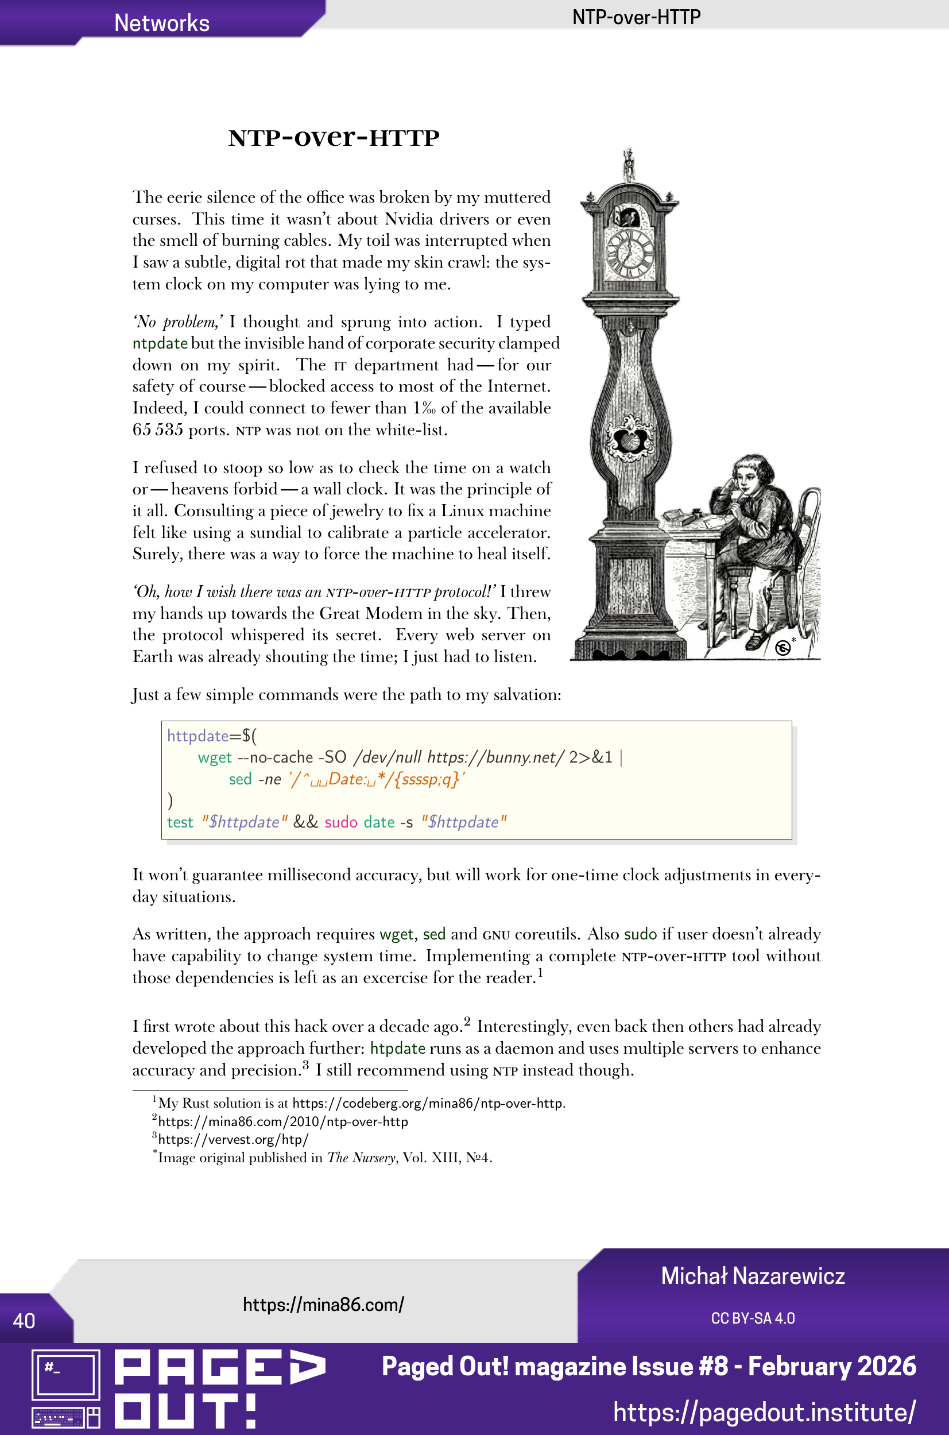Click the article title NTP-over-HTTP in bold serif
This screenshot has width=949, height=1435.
[x=334, y=138]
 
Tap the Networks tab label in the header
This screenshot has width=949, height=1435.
[x=161, y=23]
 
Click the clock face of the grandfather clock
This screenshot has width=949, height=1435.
[x=630, y=253]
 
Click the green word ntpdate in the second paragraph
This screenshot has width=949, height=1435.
[x=160, y=344]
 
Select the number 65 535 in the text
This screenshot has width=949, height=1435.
[x=158, y=430]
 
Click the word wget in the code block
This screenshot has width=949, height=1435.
[x=215, y=758]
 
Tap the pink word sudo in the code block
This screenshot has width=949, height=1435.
[x=341, y=822]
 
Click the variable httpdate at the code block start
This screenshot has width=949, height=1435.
[x=197, y=736]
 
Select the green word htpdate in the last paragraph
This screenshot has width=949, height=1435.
[x=398, y=1049]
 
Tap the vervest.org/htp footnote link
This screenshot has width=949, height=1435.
[x=233, y=1140]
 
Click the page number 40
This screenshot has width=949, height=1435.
[x=24, y=1321]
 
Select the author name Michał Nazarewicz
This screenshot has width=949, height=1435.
[x=752, y=1276]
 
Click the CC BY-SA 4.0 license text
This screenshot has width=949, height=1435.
[x=752, y=1318]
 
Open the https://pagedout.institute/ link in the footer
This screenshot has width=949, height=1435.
[x=764, y=1412]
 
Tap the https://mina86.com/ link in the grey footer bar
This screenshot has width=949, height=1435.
[x=323, y=1305]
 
